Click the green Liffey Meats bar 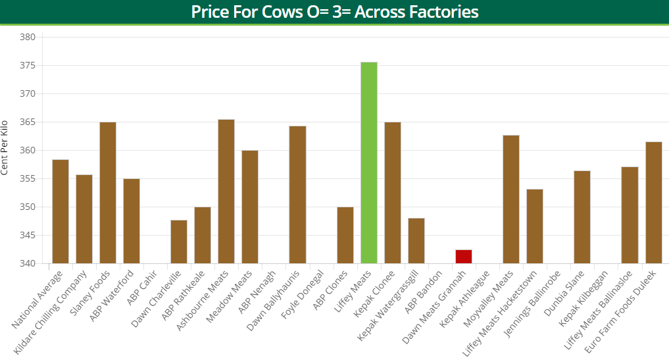pyautogui.click(x=368, y=163)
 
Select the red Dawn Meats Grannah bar pyautogui.click(x=463, y=257)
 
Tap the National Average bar pyautogui.click(x=61, y=211)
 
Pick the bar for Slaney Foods pyautogui.click(x=108, y=192)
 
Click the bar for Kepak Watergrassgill pyautogui.click(x=416, y=240)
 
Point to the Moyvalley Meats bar pyautogui.click(x=511, y=199)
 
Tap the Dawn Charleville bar pyautogui.click(x=179, y=242)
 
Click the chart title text pyautogui.click(x=334, y=12)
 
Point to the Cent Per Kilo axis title pyautogui.click(x=5, y=147)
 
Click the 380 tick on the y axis pyautogui.click(x=27, y=38)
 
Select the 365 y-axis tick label pyautogui.click(x=27, y=122)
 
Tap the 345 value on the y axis pyautogui.click(x=27, y=236)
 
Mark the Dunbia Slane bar pyautogui.click(x=582, y=217)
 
